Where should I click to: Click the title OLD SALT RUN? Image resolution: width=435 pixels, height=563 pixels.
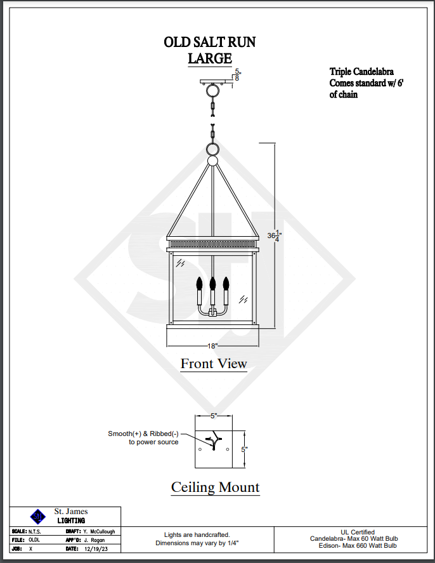click(x=210, y=43)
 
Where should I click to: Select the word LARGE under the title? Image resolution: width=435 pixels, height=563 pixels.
click(x=210, y=58)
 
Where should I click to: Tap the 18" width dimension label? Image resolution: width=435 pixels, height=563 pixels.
click(x=212, y=346)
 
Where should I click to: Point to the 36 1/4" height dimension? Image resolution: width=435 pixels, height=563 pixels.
click(x=274, y=235)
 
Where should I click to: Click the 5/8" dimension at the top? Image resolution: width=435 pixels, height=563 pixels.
click(x=238, y=74)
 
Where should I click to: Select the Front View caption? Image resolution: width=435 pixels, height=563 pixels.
click(x=213, y=364)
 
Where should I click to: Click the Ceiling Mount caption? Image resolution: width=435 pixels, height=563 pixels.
click(x=215, y=487)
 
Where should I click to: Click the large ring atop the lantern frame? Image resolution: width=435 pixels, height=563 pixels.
click(x=213, y=150)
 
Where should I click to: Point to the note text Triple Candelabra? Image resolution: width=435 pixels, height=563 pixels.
click(x=361, y=72)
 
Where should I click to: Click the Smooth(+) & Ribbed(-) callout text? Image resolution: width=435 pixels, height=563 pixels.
click(x=143, y=434)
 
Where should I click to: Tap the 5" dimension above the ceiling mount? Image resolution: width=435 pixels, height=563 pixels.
click(x=214, y=416)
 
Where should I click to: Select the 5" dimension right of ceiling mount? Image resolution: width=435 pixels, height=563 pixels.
click(x=244, y=449)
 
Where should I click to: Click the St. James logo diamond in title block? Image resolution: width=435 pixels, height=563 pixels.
click(x=38, y=516)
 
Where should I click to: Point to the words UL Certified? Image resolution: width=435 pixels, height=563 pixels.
click(x=358, y=532)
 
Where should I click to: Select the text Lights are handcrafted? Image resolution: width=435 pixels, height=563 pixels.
click(x=197, y=535)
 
